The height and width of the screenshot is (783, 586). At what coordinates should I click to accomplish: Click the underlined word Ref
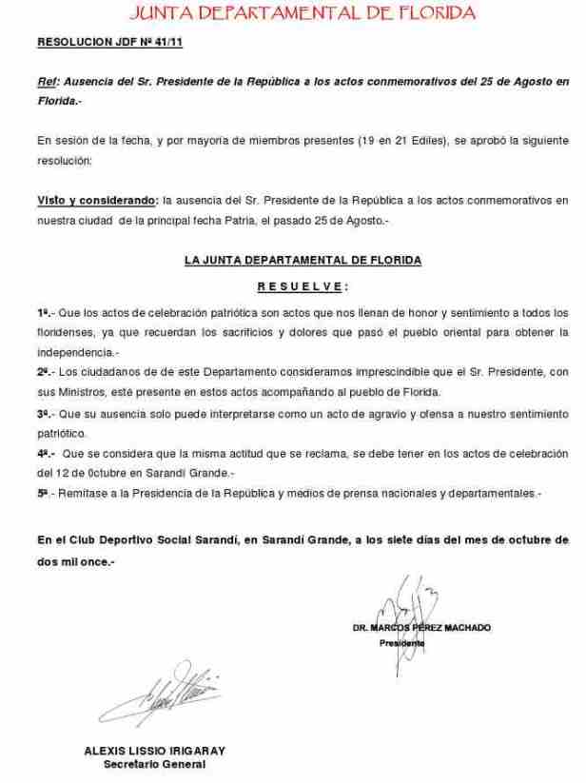[x=46, y=83]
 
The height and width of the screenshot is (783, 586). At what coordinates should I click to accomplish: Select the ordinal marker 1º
[x=43, y=312]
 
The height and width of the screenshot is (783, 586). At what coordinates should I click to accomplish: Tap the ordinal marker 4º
[x=44, y=456]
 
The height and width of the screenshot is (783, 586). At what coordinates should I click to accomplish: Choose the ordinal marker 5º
[x=43, y=494]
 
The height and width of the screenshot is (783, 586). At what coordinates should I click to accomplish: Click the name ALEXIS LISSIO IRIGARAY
[x=154, y=749]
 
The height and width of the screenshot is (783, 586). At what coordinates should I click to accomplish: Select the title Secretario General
[x=154, y=763]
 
